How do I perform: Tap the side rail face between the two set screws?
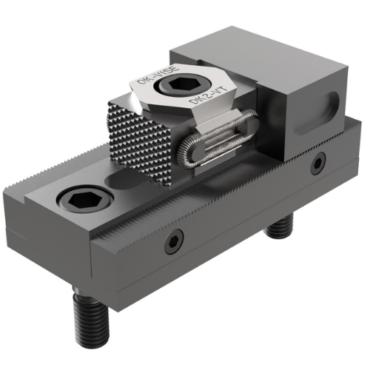click(244, 203)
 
